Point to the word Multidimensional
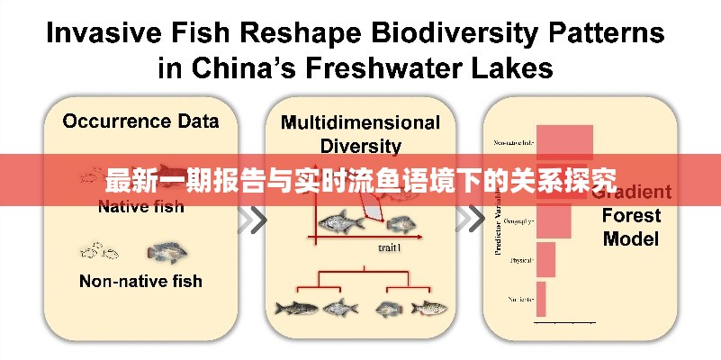click(x=360, y=122)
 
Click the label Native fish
click(x=140, y=207)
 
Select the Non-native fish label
click(x=140, y=281)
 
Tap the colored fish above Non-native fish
click(x=167, y=252)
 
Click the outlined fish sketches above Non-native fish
click(x=101, y=251)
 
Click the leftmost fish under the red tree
click(x=296, y=308)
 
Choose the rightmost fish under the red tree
click(x=428, y=308)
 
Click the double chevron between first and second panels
click(x=256, y=218)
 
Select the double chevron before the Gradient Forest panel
click(x=468, y=218)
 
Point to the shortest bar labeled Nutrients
click(x=541, y=298)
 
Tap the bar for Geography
click(x=554, y=220)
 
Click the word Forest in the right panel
click(x=631, y=216)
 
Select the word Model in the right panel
click(x=631, y=239)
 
